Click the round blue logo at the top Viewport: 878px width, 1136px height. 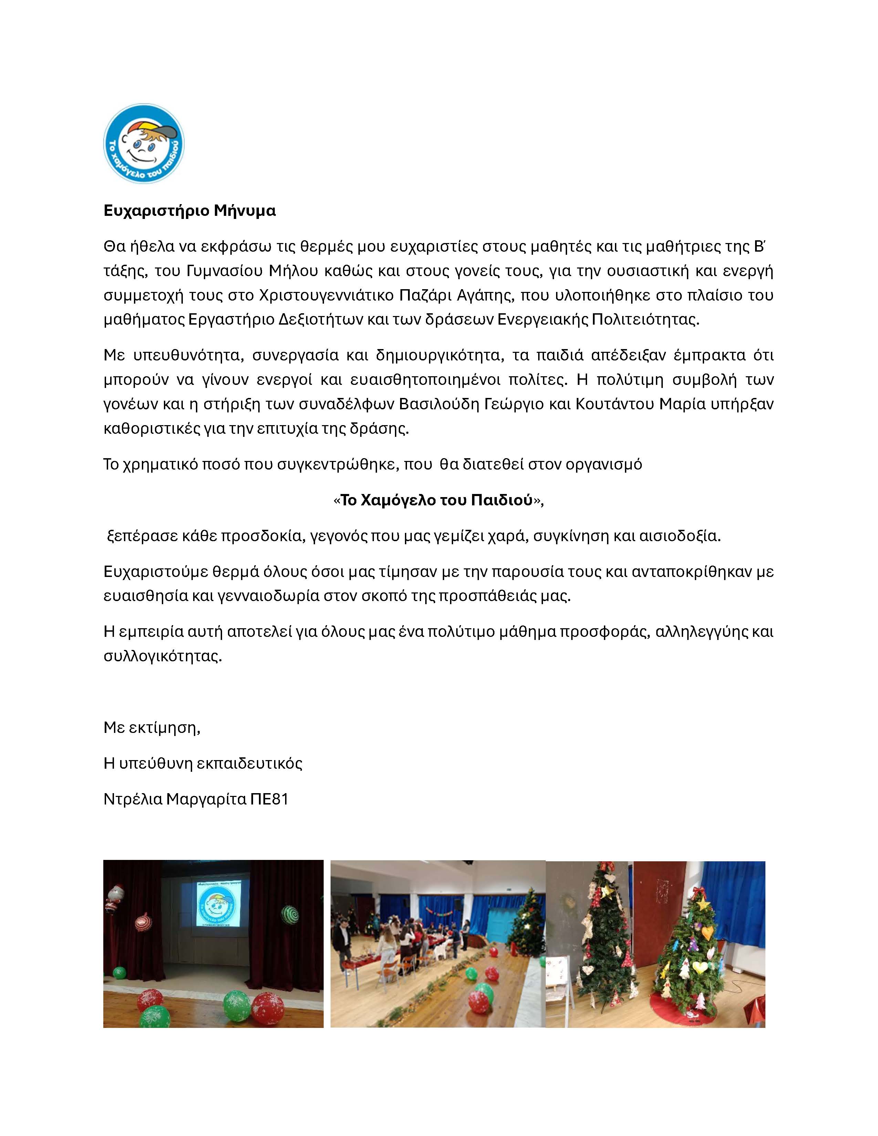click(x=144, y=143)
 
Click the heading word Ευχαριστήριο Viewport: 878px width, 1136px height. click(x=151, y=211)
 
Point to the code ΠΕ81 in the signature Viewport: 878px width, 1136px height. click(x=269, y=799)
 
